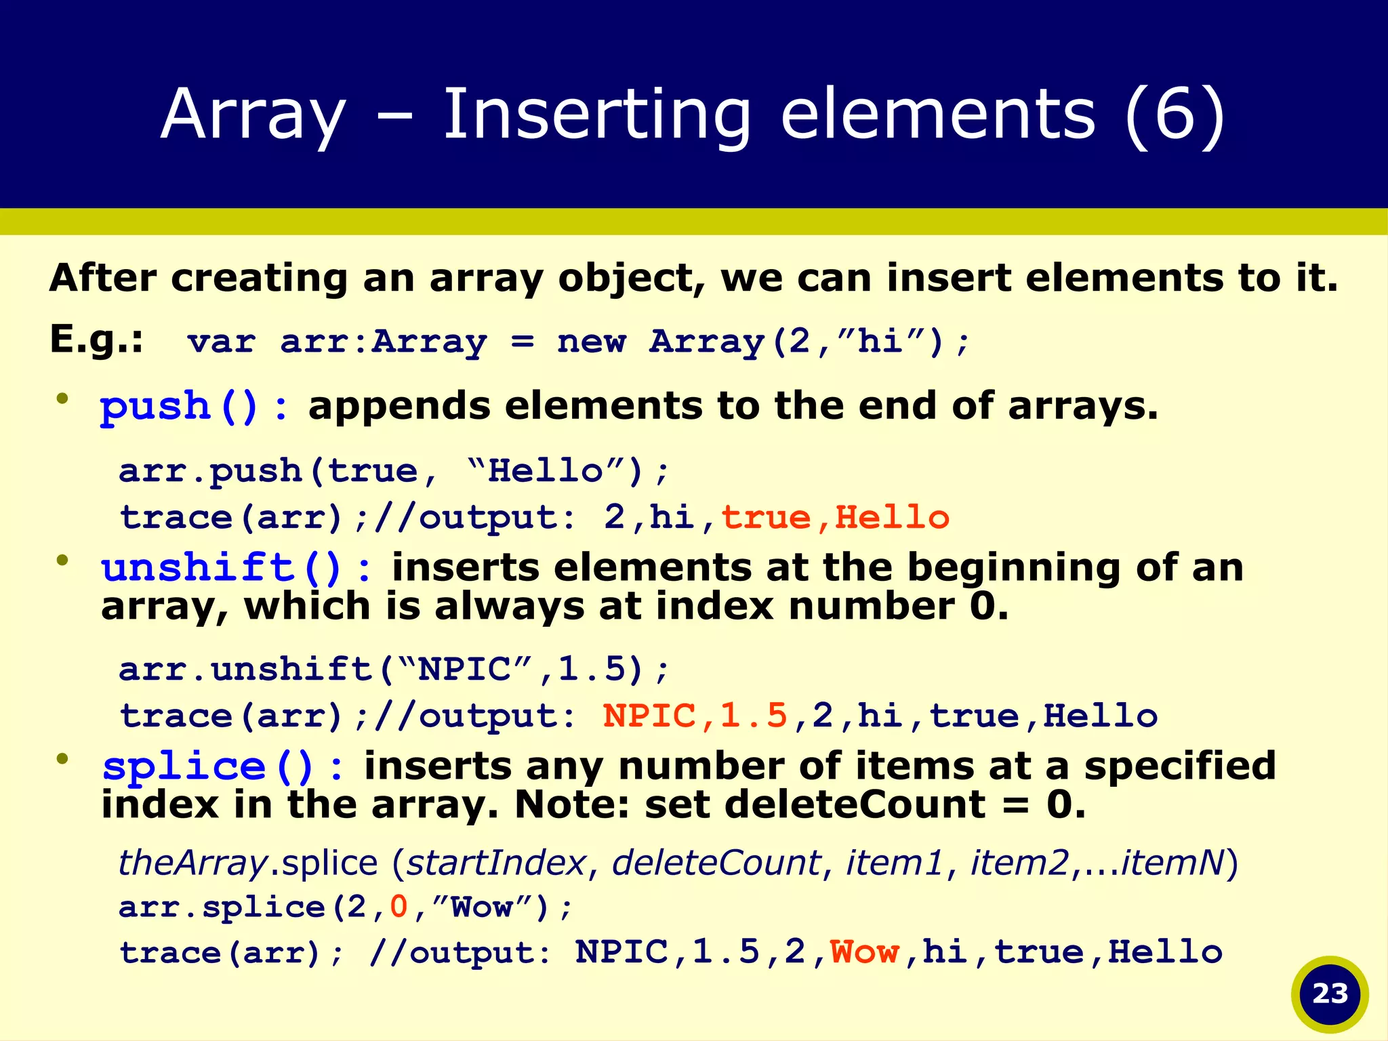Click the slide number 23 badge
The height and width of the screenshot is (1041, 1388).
[x=1330, y=994]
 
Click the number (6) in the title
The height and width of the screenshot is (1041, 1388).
[x=1175, y=115]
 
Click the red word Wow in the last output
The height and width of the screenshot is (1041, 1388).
[x=865, y=952]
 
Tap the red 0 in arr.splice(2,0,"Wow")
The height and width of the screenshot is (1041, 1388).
[x=399, y=907]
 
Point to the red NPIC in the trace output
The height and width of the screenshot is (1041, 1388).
[x=649, y=716]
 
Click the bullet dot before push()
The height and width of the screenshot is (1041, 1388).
[x=63, y=399]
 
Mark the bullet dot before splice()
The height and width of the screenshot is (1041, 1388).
[x=63, y=759]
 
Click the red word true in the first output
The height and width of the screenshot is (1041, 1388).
[x=766, y=518]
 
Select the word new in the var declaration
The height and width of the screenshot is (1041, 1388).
[x=591, y=341]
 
